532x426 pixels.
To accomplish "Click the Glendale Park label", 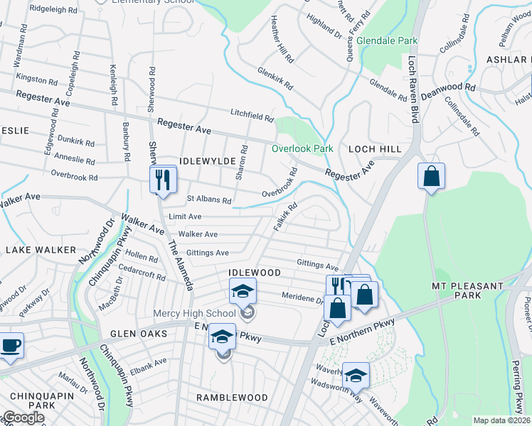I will click(387, 41).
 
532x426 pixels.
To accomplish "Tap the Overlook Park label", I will click(302, 149).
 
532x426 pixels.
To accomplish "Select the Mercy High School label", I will click(194, 314).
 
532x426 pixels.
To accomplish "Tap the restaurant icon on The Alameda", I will click(163, 179).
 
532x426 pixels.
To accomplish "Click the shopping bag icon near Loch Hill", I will click(431, 176).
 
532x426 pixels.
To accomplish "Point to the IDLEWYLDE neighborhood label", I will click(207, 162).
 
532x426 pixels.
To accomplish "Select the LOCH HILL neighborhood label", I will click(375, 149).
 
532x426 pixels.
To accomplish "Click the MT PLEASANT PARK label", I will click(467, 291).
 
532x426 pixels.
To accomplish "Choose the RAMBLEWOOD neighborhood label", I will click(232, 398).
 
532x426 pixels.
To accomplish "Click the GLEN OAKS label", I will click(138, 334).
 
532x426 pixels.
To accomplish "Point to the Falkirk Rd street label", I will click(285, 217).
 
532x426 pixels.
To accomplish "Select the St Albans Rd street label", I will click(209, 200).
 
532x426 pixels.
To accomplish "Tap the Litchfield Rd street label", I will click(252, 114).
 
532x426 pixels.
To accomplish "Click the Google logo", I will click(23, 417).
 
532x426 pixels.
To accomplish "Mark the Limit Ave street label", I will click(185, 217).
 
